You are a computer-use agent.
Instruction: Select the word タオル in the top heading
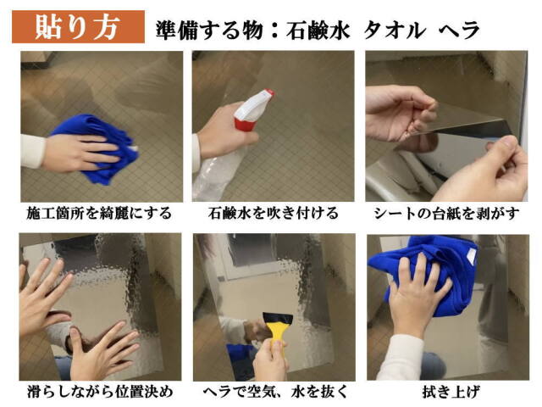coord(394,30)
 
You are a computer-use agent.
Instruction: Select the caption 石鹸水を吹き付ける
coord(272,212)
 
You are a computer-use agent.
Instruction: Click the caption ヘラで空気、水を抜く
coord(272,392)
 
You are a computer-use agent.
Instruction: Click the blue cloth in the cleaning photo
coord(97,144)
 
